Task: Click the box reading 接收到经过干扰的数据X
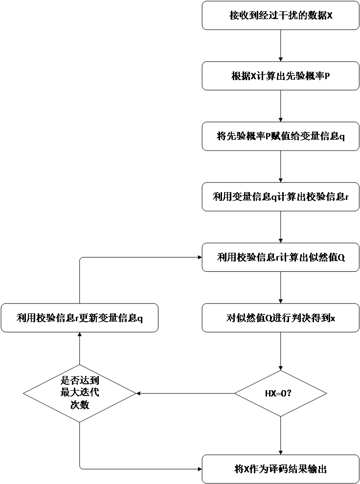pyautogui.click(x=280, y=16)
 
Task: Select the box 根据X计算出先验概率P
pyautogui.click(x=280, y=76)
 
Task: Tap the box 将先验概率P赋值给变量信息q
pyautogui.click(x=280, y=136)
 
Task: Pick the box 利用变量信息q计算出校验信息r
pyautogui.click(x=280, y=197)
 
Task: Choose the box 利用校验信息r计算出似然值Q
pyautogui.click(x=280, y=257)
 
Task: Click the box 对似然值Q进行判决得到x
pyautogui.click(x=280, y=318)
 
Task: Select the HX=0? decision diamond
pyautogui.click(x=280, y=393)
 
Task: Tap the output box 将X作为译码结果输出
pyautogui.click(x=280, y=469)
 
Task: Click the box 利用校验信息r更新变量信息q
pyautogui.click(x=79, y=318)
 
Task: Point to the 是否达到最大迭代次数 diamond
pyautogui.click(x=79, y=393)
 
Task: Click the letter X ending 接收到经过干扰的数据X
pyautogui.click(x=330, y=16)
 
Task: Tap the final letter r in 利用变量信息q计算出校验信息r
pyautogui.click(x=346, y=197)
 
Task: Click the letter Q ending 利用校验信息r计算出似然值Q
pyautogui.click(x=341, y=257)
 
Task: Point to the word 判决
pyautogui.click(x=299, y=318)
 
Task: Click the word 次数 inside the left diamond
pyautogui.click(x=79, y=405)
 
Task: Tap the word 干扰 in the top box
pyautogui.click(x=288, y=16)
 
